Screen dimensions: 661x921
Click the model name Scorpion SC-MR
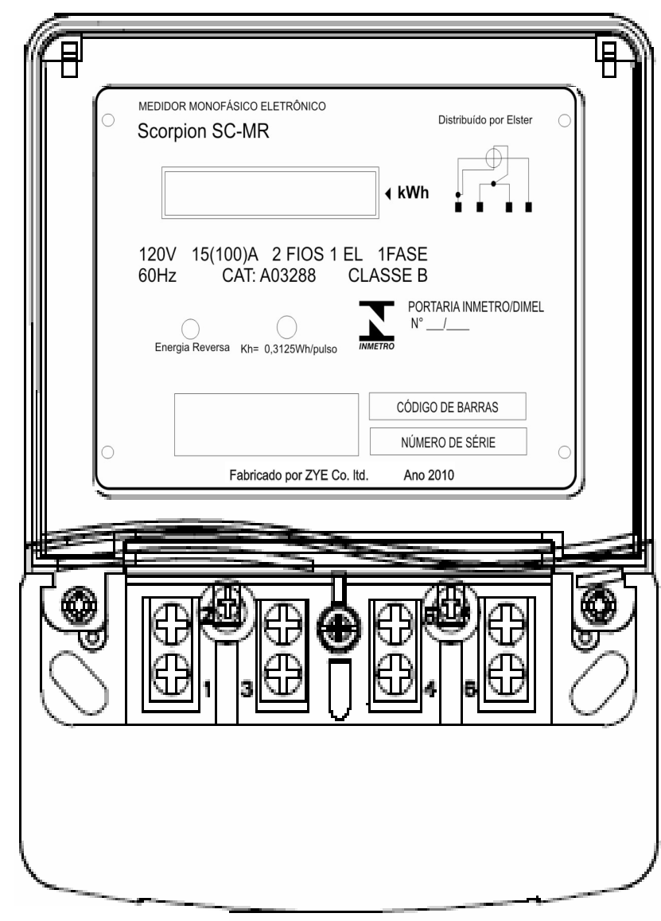coord(203,131)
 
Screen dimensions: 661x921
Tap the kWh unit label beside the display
coord(413,193)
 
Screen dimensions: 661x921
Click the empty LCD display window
coord(270,193)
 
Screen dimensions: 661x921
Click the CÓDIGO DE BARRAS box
coord(447,407)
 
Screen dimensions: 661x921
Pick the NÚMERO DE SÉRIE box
coord(448,442)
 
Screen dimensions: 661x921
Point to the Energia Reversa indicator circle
coord(190,328)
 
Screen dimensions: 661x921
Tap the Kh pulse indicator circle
coord(286,327)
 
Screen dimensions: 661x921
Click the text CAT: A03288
coord(268,275)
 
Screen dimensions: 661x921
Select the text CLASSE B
coord(387,275)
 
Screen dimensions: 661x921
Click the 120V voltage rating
coord(157,255)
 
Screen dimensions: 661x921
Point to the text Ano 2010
coord(429,475)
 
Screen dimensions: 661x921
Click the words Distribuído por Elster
coord(485,120)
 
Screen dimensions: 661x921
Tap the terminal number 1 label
coord(208,689)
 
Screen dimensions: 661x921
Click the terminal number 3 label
coord(247,689)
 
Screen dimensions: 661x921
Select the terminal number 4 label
coord(430,689)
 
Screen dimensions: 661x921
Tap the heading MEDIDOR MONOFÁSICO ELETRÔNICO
coord(232,107)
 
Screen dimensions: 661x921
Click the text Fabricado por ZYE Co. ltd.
coord(299,475)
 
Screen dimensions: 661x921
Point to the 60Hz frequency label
coord(157,275)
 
